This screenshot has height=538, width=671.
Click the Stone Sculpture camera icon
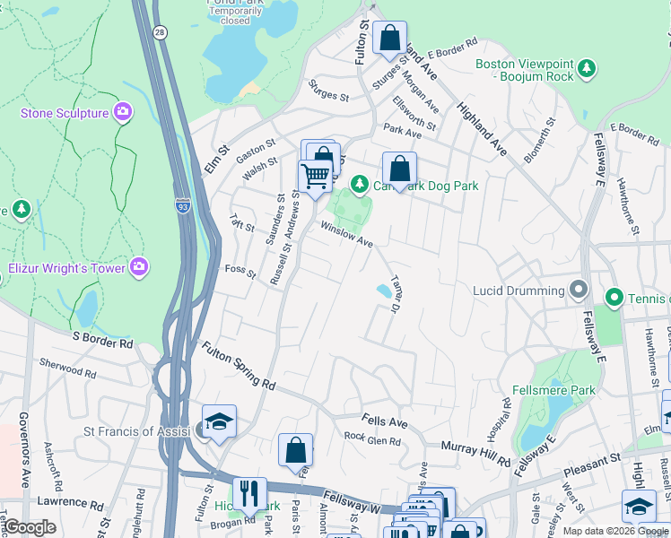(x=124, y=113)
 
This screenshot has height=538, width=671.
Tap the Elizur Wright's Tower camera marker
(x=139, y=266)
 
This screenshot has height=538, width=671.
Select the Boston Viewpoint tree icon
(x=587, y=68)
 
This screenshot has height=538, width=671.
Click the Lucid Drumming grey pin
(x=579, y=291)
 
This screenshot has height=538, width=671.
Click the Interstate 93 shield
(x=182, y=205)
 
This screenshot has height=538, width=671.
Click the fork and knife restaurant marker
(x=249, y=492)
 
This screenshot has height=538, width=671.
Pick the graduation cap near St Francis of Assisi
(x=218, y=421)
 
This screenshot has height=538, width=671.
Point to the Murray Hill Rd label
(x=475, y=453)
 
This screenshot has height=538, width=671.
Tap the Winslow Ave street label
(x=346, y=235)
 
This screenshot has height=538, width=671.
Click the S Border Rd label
(x=102, y=339)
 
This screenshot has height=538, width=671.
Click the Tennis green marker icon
(x=614, y=297)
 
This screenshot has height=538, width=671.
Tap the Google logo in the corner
(x=30, y=528)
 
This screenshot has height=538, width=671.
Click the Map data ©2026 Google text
(x=615, y=531)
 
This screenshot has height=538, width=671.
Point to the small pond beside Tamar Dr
(x=384, y=291)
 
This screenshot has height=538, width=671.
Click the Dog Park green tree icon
(x=359, y=185)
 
